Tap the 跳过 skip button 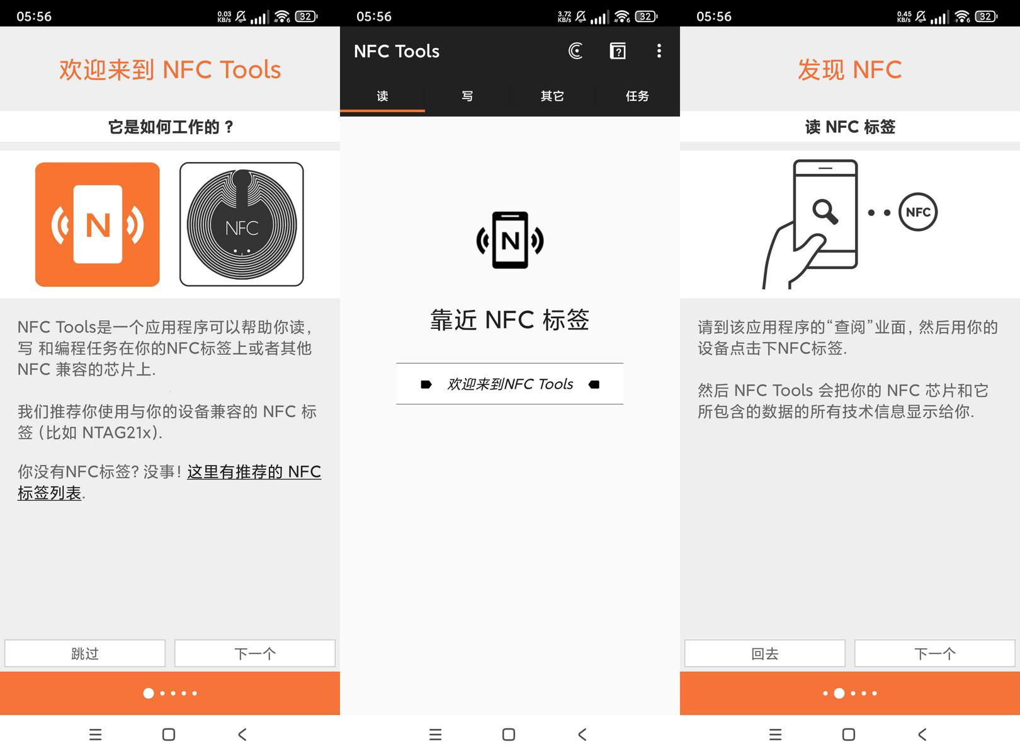[85, 653]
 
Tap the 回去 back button [765, 653]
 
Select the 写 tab [467, 96]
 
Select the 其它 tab [552, 96]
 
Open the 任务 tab [637, 96]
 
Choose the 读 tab [382, 96]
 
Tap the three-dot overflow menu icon [659, 50]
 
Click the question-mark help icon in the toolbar [618, 50]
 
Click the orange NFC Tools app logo [98, 224]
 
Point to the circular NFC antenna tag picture [241, 224]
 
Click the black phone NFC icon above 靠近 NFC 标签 [510, 240]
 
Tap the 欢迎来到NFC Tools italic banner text [510, 384]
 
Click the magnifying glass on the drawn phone [825, 212]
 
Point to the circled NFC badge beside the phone [918, 212]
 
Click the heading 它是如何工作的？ [171, 127]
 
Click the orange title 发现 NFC [849, 69]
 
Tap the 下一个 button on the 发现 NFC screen [935, 653]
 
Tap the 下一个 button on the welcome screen [255, 653]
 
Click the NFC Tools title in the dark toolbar [397, 51]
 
